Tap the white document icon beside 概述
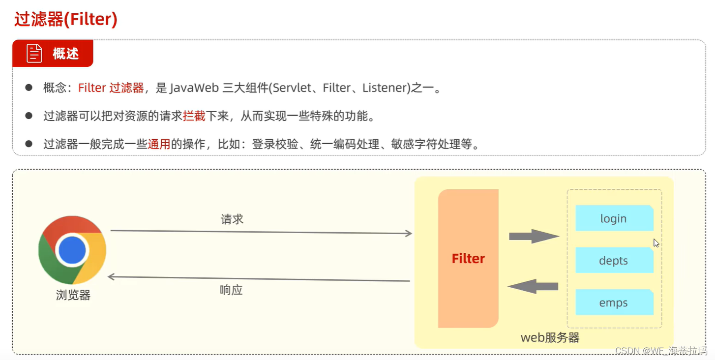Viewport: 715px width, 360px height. [34, 54]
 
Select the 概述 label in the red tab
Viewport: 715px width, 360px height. [66, 54]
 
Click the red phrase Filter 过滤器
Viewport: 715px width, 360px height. [111, 88]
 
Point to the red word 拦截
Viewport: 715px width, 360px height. [194, 116]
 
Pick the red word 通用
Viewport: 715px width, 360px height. [159, 144]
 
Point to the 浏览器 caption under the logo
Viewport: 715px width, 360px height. [73, 295]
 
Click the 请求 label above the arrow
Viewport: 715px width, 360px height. [232, 219]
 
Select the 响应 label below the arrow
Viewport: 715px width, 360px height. [231, 290]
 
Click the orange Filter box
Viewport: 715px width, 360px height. [468, 259]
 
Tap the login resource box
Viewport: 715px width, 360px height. [614, 218]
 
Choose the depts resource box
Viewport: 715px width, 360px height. [614, 261]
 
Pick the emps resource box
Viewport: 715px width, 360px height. [614, 302]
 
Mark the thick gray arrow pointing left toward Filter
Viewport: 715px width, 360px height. [533, 286]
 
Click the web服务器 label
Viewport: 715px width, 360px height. [550, 338]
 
